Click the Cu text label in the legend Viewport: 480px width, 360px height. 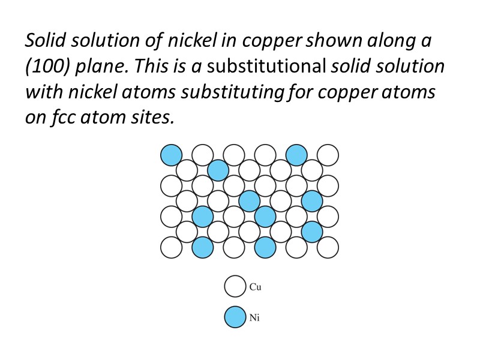coord(256,287)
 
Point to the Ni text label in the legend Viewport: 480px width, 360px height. coord(255,317)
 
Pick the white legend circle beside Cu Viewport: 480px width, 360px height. coord(235,286)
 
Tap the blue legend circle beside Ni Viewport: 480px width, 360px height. coord(235,317)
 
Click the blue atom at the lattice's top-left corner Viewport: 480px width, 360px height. coord(171,155)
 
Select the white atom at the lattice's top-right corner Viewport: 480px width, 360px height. coord(328,155)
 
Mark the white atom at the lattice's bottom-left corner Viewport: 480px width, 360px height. coord(171,247)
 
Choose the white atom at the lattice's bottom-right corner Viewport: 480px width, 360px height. coord(328,247)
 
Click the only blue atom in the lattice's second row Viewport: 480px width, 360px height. coord(218,170)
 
